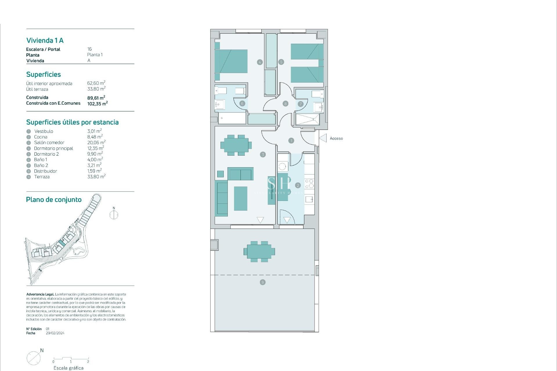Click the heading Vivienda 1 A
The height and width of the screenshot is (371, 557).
tap(45, 41)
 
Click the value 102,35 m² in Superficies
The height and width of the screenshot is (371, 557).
tap(97, 103)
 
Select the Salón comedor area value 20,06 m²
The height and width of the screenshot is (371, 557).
tap(96, 143)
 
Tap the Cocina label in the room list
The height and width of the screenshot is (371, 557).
tap(41, 137)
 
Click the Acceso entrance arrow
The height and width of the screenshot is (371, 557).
tap(323, 138)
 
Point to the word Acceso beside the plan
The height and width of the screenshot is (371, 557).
tap(336, 139)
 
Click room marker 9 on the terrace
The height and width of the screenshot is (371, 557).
tap(263, 282)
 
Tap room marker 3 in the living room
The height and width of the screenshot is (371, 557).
tap(263, 154)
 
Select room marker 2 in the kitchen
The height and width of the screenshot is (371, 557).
tap(298, 185)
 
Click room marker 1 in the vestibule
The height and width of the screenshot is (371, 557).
tap(291, 141)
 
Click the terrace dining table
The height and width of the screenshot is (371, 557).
tap(259, 252)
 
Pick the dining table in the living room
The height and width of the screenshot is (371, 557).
tap(236, 145)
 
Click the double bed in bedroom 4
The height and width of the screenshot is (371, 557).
tap(231, 61)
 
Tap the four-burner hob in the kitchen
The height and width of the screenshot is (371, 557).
tap(309, 183)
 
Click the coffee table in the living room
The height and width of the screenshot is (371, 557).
tap(240, 199)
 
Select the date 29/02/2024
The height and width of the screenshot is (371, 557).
tap(55, 333)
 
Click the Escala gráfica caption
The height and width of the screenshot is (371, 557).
tap(68, 368)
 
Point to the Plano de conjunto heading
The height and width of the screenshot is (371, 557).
tap(54, 200)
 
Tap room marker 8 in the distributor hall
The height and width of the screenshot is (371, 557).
tap(285, 104)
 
